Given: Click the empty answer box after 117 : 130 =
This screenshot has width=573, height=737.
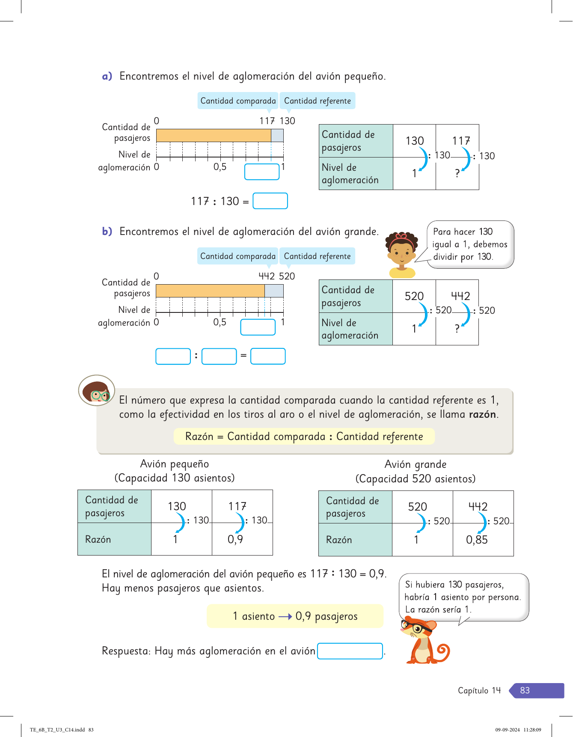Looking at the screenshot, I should coord(270,201).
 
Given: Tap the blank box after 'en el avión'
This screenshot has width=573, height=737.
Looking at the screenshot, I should coord(350,651).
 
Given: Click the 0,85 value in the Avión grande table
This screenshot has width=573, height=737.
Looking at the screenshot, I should coord(477,540).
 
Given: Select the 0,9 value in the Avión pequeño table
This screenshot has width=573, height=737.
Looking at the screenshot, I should coord(235,539).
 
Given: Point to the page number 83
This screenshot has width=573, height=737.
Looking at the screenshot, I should coord(525,690).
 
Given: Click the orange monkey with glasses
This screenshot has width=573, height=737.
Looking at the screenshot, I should coord(424,641).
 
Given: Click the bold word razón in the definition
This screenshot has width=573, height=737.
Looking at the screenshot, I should coord(482,414).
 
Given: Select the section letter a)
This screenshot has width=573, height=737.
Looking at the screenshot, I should coord(107,76).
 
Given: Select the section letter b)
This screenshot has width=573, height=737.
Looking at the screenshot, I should coord(107,232).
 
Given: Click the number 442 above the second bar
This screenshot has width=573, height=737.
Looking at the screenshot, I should coord(267,276).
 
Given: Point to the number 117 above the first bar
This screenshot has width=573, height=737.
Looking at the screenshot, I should coord(267,121).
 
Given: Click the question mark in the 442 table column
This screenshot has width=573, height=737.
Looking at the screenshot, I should coord(457,329).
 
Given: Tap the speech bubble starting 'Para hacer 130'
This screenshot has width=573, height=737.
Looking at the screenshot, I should coord(470,244).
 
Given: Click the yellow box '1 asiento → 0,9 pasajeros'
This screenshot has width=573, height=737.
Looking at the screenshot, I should coord(295,616).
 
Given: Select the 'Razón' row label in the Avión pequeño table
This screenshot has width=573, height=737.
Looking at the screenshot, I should coord(98,539).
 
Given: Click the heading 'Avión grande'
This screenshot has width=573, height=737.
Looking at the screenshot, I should coord(415,464).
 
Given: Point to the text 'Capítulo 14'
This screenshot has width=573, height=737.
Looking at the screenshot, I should coord(479,690).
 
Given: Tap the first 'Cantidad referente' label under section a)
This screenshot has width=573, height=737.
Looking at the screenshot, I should coord(317,101).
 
